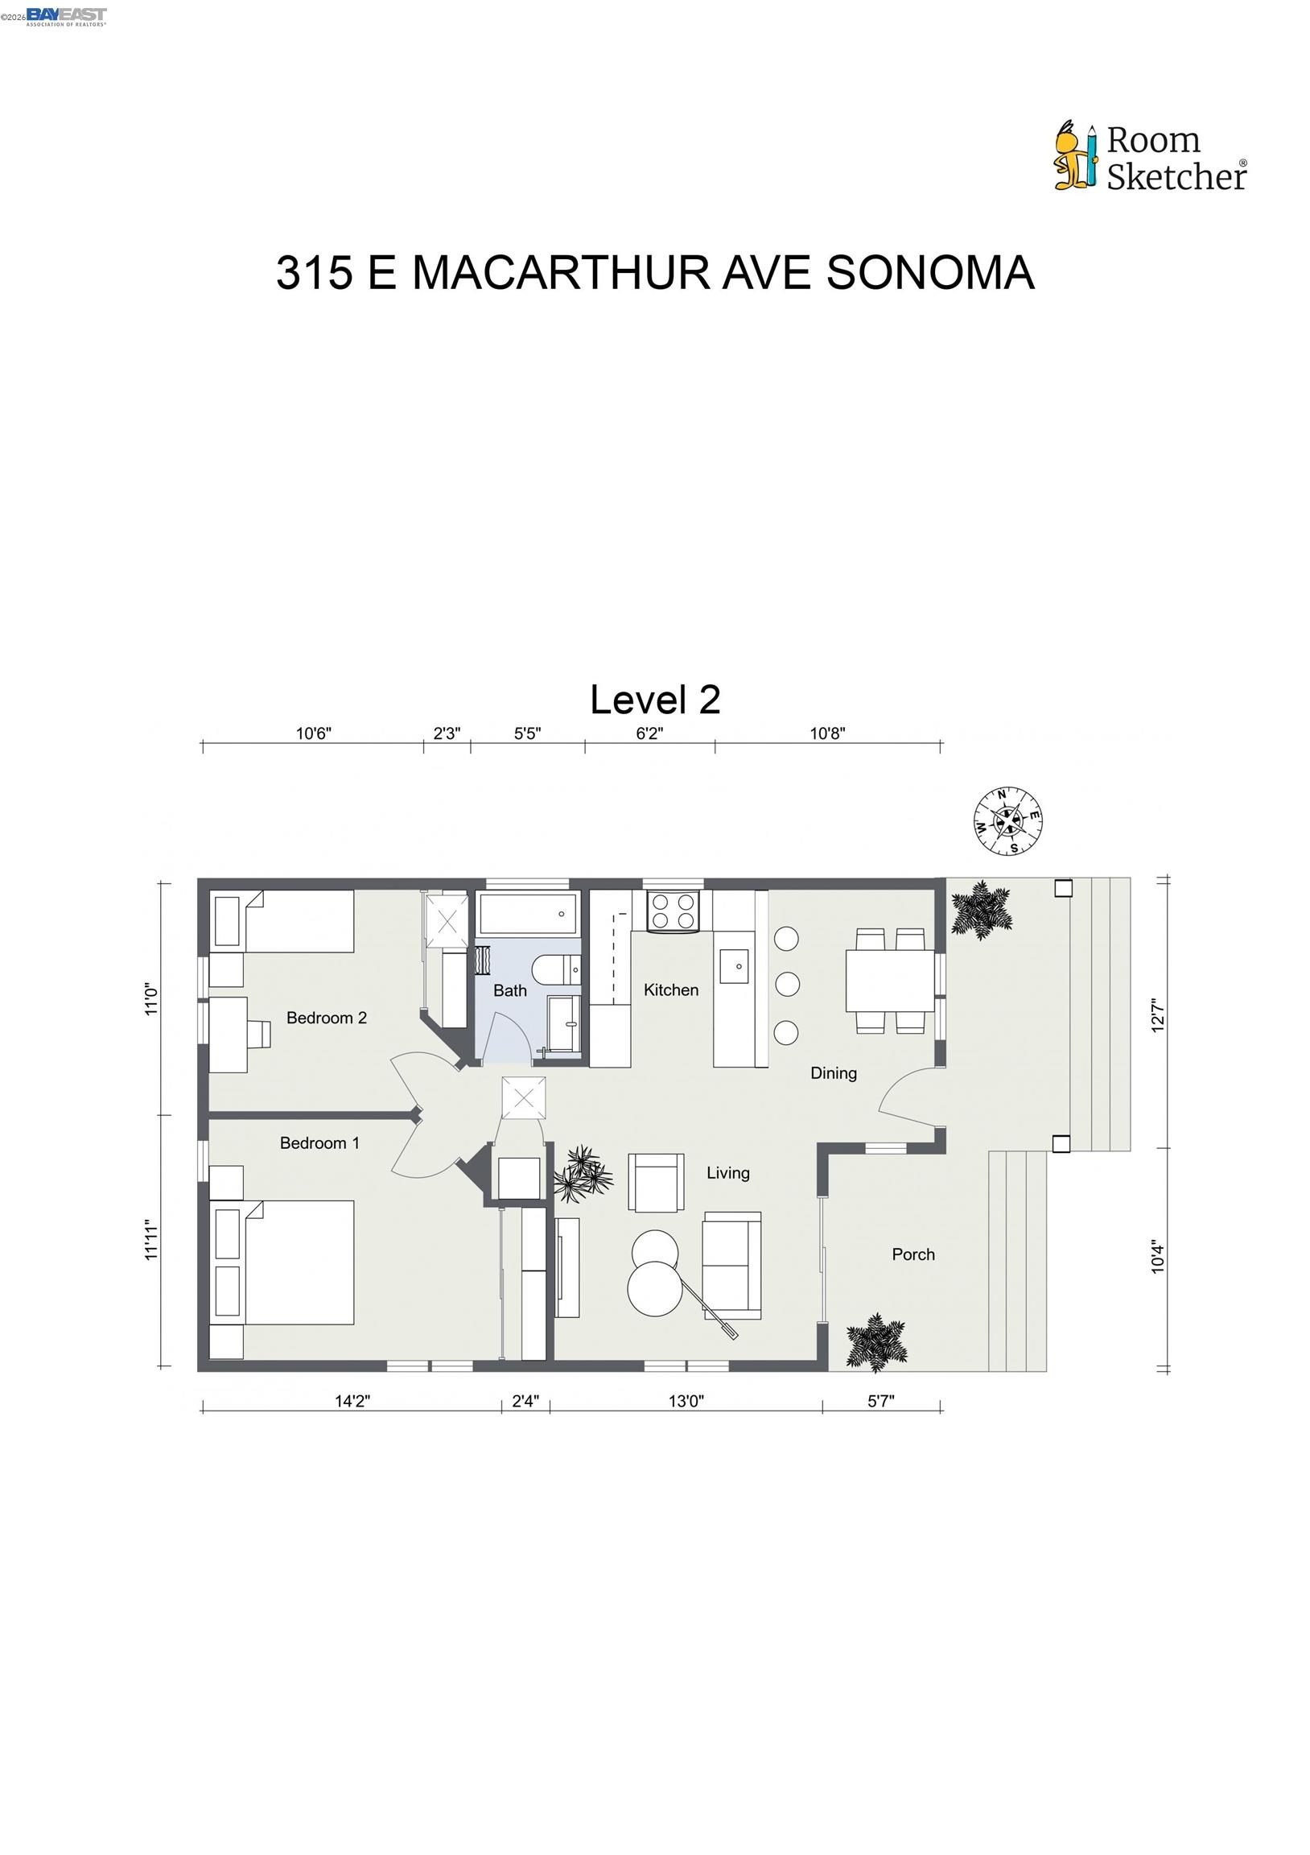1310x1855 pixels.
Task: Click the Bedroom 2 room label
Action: click(326, 1018)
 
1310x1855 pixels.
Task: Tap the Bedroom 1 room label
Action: click(319, 1142)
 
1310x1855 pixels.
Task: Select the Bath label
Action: click(509, 990)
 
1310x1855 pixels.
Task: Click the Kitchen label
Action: click(670, 989)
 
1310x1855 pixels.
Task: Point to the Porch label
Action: click(912, 1254)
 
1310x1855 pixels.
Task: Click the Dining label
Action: click(833, 1073)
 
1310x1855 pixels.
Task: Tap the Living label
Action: click(727, 1172)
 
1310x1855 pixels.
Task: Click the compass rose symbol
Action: click(1007, 821)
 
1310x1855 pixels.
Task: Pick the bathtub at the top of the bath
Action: click(527, 914)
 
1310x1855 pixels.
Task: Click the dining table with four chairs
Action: click(890, 981)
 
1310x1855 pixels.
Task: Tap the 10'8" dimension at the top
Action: click(827, 733)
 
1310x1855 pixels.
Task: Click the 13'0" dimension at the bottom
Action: click(686, 1401)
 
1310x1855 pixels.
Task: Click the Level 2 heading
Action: click(654, 700)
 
